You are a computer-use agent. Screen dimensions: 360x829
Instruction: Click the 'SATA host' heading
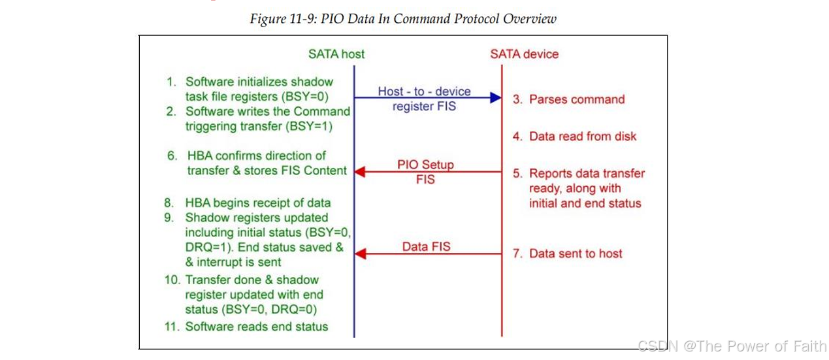[336, 54]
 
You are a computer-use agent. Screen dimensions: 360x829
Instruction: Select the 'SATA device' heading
[524, 54]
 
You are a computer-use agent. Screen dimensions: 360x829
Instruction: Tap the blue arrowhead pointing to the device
[496, 98]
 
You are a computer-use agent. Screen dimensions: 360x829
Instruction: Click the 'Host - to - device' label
[424, 91]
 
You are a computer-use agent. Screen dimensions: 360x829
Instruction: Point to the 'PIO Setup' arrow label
[425, 165]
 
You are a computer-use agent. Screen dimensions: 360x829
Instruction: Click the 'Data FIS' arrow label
[426, 247]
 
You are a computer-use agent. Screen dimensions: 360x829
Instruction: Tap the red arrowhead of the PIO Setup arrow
[360, 172]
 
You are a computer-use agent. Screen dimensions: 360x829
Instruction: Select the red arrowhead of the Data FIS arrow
[360, 254]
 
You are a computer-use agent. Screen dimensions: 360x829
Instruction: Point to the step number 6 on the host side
[172, 156]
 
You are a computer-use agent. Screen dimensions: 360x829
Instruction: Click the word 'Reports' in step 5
[550, 174]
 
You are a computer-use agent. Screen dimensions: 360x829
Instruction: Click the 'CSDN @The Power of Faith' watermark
[732, 346]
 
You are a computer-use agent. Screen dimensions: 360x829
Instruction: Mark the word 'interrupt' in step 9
[227, 262]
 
